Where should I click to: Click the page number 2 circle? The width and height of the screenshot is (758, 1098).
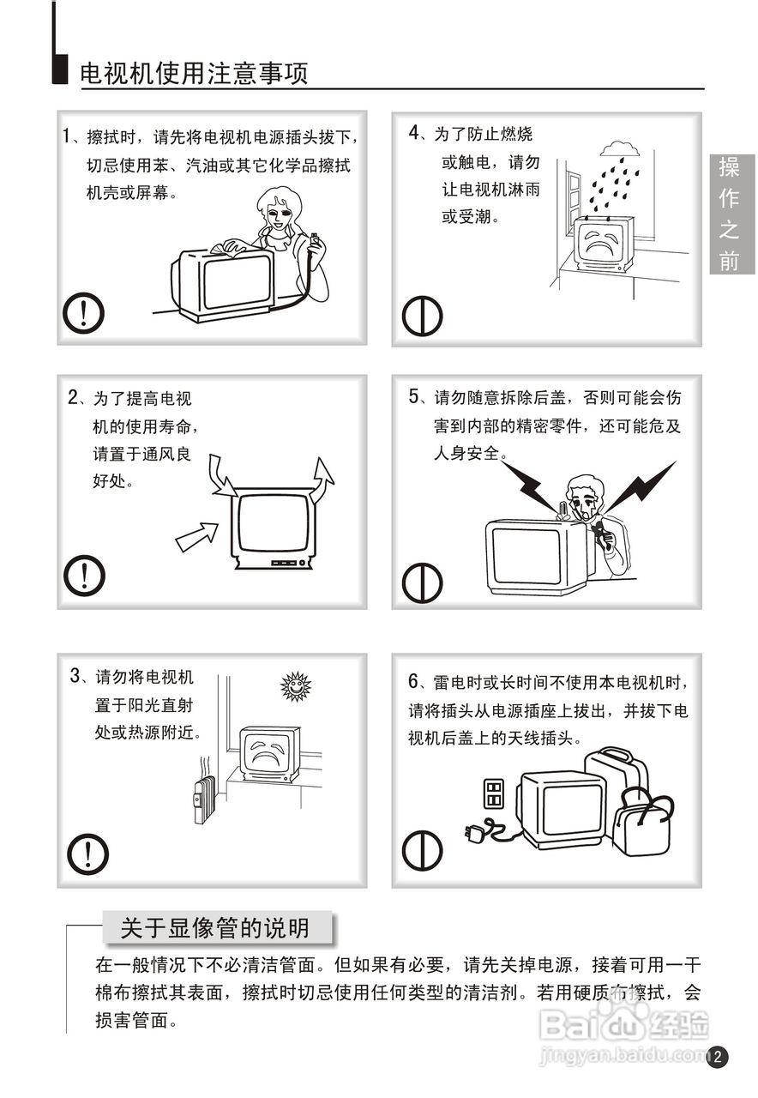coord(718,1056)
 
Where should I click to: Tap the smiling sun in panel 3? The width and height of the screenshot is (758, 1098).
coord(296,686)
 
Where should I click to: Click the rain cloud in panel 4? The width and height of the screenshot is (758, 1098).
coord(620,149)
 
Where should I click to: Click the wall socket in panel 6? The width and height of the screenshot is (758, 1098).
coord(493,793)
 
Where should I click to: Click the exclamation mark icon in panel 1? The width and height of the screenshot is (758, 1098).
coord(83,313)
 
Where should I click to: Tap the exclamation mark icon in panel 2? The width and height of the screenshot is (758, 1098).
coord(84,576)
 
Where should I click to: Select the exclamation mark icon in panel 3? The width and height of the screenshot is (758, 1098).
coord(87,854)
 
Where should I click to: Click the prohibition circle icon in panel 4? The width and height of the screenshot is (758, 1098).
coord(423,316)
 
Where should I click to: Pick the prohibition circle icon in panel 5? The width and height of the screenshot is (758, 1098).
coord(423,582)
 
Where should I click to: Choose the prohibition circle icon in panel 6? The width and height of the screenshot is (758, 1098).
coord(423,850)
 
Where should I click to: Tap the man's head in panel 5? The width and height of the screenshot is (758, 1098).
coord(585,495)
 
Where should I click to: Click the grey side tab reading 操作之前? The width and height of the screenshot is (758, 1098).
coord(732,214)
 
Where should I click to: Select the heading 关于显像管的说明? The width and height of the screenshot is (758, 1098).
coord(215,928)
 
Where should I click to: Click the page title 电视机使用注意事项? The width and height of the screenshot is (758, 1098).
coord(194,74)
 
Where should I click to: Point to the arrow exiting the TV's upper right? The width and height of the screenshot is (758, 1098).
coord(322,480)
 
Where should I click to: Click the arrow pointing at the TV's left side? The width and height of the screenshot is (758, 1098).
coord(196,536)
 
